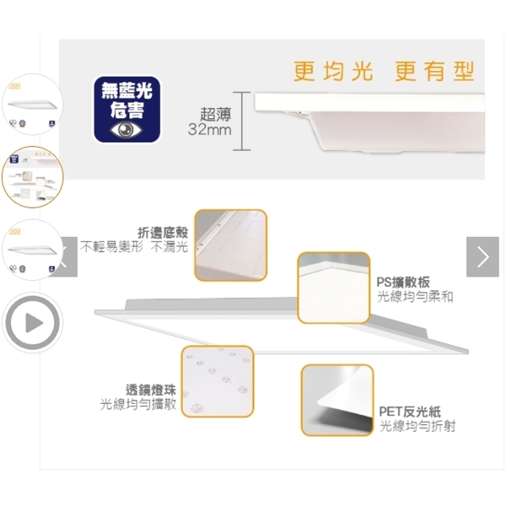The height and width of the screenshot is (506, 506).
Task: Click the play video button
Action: [x=32, y=321]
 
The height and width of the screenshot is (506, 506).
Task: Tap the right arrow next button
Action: [x=482, y=256]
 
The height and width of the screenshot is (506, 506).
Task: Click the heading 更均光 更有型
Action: [x=384, y=71]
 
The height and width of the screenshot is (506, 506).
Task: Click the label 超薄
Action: [x=215, y=113]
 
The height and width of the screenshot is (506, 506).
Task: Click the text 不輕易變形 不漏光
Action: [x=134, y=247]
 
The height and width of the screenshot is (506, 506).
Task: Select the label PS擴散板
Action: [x=404, y=282]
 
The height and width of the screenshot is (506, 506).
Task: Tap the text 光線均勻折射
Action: [x=417, y=426]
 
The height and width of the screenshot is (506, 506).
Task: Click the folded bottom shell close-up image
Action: [x=230, y=245]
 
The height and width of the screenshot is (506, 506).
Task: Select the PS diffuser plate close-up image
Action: [x=334, y=288]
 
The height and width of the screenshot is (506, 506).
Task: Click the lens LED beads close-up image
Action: [x=217, y=381]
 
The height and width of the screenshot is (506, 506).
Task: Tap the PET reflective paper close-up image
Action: [x=336, y=400]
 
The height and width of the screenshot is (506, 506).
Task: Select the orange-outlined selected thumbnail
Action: [x=32, y=177]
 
